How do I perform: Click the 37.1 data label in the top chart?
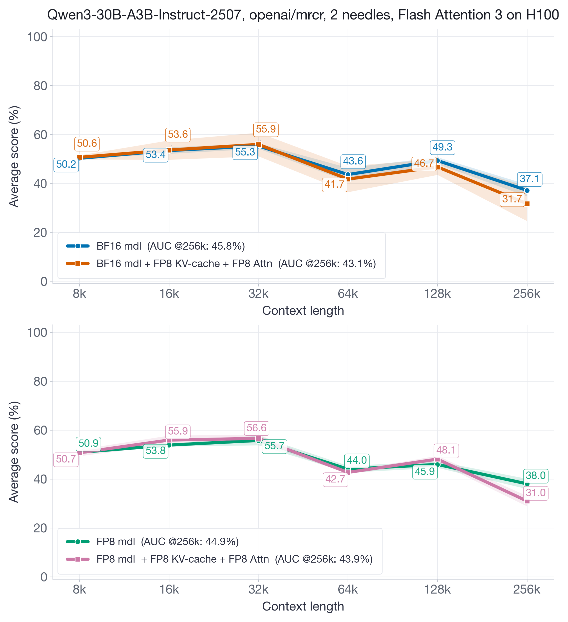[x=529, y=179]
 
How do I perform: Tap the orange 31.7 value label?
[x=512, y=199]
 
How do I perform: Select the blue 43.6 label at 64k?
[x=353, y=161]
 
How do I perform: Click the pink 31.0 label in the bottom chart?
[x=536, y=493]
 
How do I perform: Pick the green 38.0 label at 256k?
[x=536, y=475]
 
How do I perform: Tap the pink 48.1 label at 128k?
[x=446, y=450]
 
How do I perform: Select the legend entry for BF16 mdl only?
[x=170, y=246]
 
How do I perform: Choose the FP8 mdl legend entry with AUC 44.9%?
[x=167, y=542]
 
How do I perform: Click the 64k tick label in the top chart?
[x=348, y=294]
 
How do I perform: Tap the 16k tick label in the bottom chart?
[x=169, y=590]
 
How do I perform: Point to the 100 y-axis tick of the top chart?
[x=37, y=37]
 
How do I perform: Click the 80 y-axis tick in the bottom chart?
[x=40, y=381]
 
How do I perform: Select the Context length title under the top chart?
[x=303, y=311]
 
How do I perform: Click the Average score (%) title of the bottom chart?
[x=14, y=452]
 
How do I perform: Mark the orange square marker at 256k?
[x=527, y=204]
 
